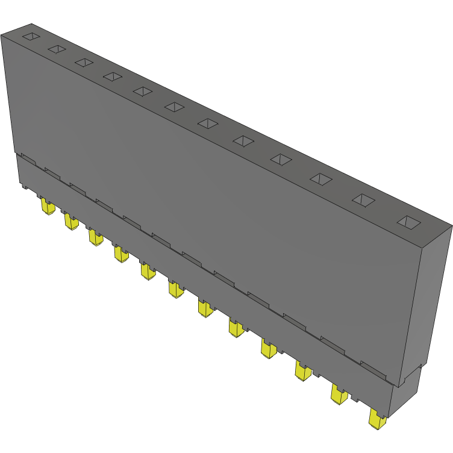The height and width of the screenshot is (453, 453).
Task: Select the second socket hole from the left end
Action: (57, 49)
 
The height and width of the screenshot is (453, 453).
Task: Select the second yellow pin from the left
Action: (71, 222)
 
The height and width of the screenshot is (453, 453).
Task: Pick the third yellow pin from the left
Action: (96, 237)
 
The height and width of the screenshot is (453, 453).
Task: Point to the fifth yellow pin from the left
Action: (148, 270)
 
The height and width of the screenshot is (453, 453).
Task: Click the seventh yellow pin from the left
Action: (205, 308)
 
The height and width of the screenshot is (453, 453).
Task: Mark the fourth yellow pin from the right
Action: (269, 349)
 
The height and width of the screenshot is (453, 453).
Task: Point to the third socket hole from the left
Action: (84, 62)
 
